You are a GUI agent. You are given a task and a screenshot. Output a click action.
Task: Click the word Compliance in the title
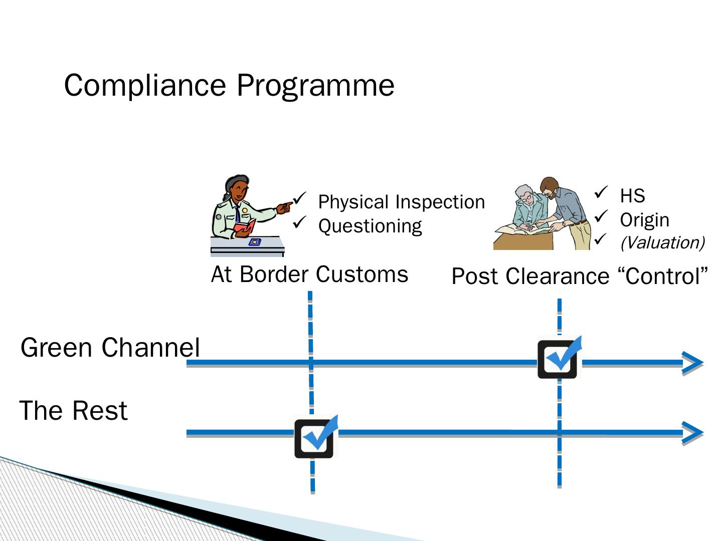[145, 85]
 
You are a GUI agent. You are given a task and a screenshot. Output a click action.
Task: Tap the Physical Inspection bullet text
[401, 202]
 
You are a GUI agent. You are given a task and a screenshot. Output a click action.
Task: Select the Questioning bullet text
[370, 226]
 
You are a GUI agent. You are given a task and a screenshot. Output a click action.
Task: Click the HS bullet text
[632, 196]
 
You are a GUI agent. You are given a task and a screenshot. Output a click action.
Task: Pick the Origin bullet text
[644, 220]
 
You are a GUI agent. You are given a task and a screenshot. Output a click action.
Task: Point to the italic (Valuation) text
[662, 242]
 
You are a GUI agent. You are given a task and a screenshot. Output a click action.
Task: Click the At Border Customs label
[309, 275]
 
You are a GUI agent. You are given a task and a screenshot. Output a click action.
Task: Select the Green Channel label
[110, 348]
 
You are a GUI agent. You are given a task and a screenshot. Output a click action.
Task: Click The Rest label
[73, 411]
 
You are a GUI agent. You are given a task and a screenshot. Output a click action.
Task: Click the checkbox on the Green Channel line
[558, 359]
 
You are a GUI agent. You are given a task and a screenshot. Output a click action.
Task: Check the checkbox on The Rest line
[314, 438]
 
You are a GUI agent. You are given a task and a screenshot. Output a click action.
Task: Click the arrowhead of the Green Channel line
[693, 363]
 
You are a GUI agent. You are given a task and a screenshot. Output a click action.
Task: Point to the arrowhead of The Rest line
[693, 433]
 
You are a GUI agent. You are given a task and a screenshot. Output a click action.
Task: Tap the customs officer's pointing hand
[285, 206]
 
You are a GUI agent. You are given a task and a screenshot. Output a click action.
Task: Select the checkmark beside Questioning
[299, 222]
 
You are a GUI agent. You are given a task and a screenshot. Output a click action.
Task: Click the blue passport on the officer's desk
[255, 242]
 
